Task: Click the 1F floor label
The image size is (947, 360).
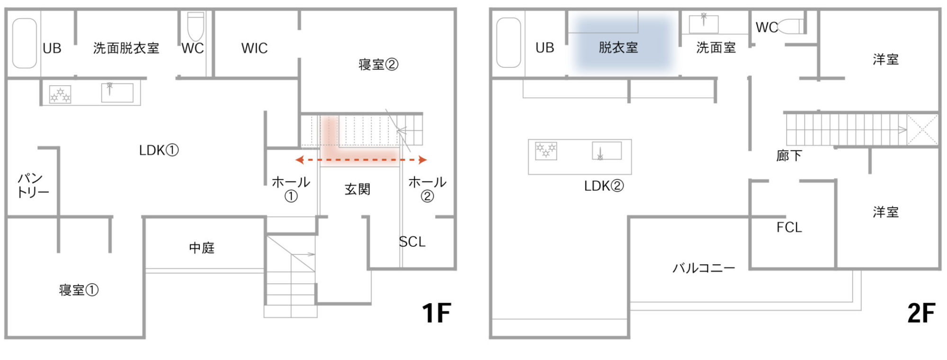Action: (436, 313)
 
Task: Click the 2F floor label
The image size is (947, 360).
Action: (921, 313)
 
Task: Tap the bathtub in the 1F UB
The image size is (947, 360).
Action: (25, 43)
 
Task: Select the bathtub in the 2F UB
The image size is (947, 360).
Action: (509, 43)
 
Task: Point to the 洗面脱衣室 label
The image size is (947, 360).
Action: (126, 48)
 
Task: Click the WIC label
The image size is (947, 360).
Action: (254, 48)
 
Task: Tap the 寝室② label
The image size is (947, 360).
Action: (378, 64)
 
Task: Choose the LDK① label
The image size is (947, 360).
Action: (159, 150)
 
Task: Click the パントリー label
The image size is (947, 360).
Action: (33, 185)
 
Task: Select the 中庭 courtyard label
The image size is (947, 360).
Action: (202, 248)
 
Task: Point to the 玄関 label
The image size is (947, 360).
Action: (357, 189)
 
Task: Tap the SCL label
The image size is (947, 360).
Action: (412, 242)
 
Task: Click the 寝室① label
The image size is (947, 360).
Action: (79, 290)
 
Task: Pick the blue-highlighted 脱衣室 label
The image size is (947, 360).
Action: (618, 47)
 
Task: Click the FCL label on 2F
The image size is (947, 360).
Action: (789, 227)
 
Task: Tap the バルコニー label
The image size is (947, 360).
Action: (704, 268)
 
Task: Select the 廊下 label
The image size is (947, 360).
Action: (789, 155)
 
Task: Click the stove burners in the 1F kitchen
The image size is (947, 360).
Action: (60, 94)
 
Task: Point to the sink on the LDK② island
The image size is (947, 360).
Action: (607, 151)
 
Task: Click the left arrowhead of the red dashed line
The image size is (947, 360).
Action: (299, 160)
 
